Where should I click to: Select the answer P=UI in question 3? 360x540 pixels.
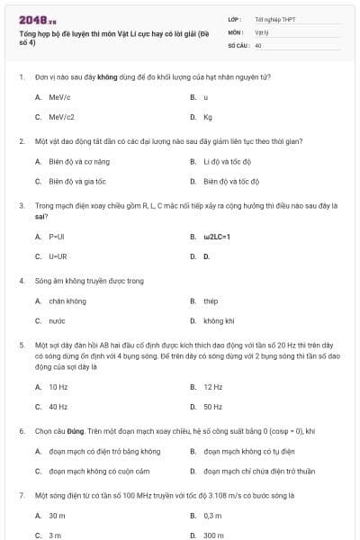click(x=56, y=237)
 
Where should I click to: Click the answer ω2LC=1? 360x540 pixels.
click(x=217, y=237)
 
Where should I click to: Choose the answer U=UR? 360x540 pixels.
click(x=57, y=256)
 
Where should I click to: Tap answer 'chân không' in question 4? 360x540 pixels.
click(x=67, y=301)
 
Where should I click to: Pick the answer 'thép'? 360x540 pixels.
click(x=211, y=301)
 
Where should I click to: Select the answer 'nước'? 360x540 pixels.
click(x=57, y=321)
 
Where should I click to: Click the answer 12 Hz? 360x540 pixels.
click(x=212, y=387)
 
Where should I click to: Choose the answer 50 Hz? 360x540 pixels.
click(x=212, y=407)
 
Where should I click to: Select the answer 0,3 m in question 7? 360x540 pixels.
click(x=212, y=516)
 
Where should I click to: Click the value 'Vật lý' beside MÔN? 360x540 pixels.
click(x=262, y=31)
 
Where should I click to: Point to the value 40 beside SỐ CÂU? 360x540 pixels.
click(x=258, y=44)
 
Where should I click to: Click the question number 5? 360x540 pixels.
click(x=21, y=345)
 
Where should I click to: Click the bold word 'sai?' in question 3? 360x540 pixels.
click(x=41, y=217)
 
